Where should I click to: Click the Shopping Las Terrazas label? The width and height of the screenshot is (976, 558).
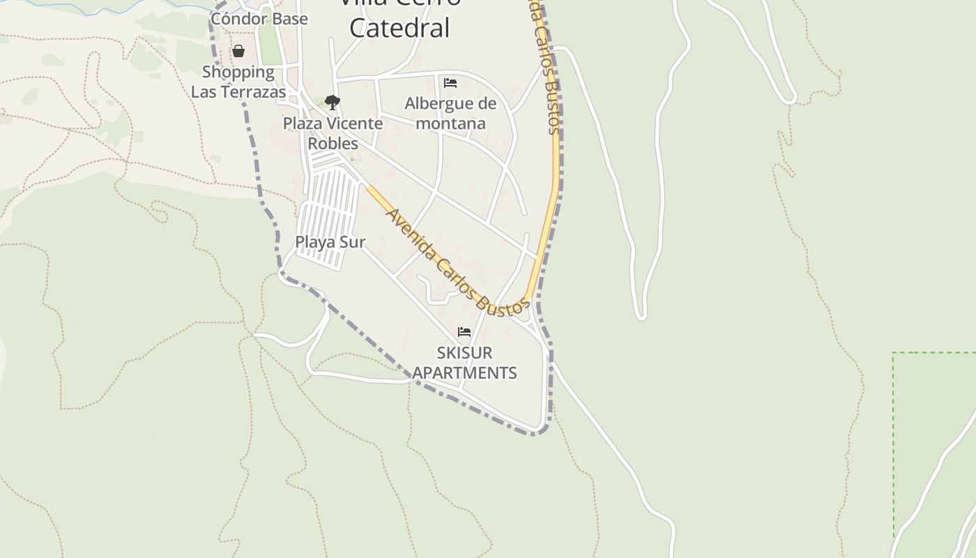[238, 82]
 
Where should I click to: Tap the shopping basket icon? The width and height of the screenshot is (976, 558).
[238, 51]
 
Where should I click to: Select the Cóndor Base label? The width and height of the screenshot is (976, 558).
[259, 19]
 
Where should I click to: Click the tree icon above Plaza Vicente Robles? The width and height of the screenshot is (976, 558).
[333, 103]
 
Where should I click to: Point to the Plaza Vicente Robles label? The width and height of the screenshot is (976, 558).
[333, 133]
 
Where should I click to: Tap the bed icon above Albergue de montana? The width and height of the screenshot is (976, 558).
[450, 83]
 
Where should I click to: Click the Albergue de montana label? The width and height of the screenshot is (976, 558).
[450, 113]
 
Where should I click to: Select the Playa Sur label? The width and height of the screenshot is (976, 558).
[330, 242]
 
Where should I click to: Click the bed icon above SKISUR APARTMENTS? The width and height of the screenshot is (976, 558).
[464, 332]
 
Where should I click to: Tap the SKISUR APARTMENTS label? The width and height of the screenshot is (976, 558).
[464, 362]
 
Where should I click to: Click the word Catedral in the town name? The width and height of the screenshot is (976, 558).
[399, 28]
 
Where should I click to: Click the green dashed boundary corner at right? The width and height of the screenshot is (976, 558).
[894, 354]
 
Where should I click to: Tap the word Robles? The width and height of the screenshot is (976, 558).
[333, 144]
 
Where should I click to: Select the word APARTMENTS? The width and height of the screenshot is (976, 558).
[464, 372]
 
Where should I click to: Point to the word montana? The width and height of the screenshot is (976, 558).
[450, 123]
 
